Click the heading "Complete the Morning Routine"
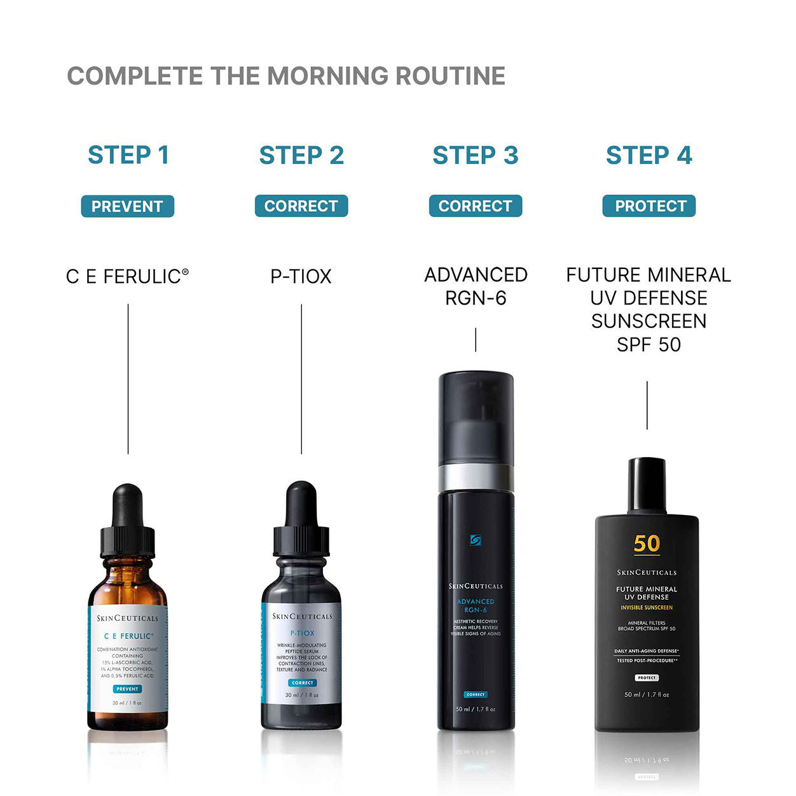pos(285,76)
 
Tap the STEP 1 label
pos(128,155)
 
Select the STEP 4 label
pos(648,155)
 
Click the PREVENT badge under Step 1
pos(127,207)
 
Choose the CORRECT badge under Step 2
pos(301,206)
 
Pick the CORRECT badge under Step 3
pos(475,206)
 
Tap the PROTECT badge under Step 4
pos(649,206)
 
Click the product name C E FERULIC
pos(127,277)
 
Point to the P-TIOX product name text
pos(301,277)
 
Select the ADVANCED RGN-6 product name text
pos(476,286)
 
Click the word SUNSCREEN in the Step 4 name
pos(648,321)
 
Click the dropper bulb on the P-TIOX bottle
pos(301,502)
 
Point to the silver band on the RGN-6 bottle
pos(476,477)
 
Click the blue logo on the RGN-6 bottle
pos(476,540)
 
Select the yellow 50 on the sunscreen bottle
pos(647,544)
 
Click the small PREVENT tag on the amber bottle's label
pos(127,689)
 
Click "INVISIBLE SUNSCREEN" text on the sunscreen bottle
pos(647,608)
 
